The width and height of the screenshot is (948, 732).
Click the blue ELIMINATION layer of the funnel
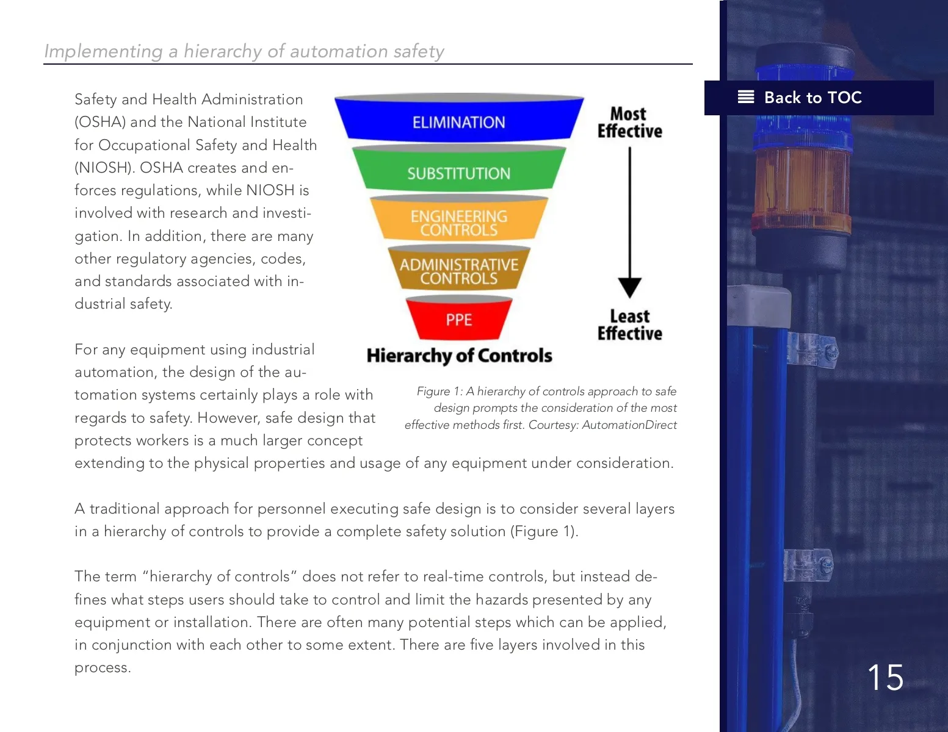coord(459,121)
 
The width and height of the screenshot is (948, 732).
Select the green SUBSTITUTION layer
coord(459,173)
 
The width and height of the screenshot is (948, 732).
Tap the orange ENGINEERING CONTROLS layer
coord(459,223)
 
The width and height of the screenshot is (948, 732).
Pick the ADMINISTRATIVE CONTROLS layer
coord(459,271)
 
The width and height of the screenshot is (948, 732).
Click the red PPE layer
coord(459,319)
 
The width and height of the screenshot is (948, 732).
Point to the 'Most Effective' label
coord(629,123)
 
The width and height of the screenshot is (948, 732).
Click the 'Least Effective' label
coord(629,325)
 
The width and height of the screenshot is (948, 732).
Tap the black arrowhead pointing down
coord(629,287)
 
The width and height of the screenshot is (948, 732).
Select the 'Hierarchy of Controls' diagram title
coord(459,356)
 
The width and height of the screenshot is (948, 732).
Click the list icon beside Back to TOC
coord(746,97)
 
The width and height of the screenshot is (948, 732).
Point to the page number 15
coord(885,678)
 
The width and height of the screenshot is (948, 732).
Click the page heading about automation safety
coord(244,51)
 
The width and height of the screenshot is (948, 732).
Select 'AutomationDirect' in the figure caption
coord(629,425)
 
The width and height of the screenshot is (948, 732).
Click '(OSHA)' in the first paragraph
coord(100,122)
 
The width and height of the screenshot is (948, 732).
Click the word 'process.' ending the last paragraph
coord(103,667)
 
